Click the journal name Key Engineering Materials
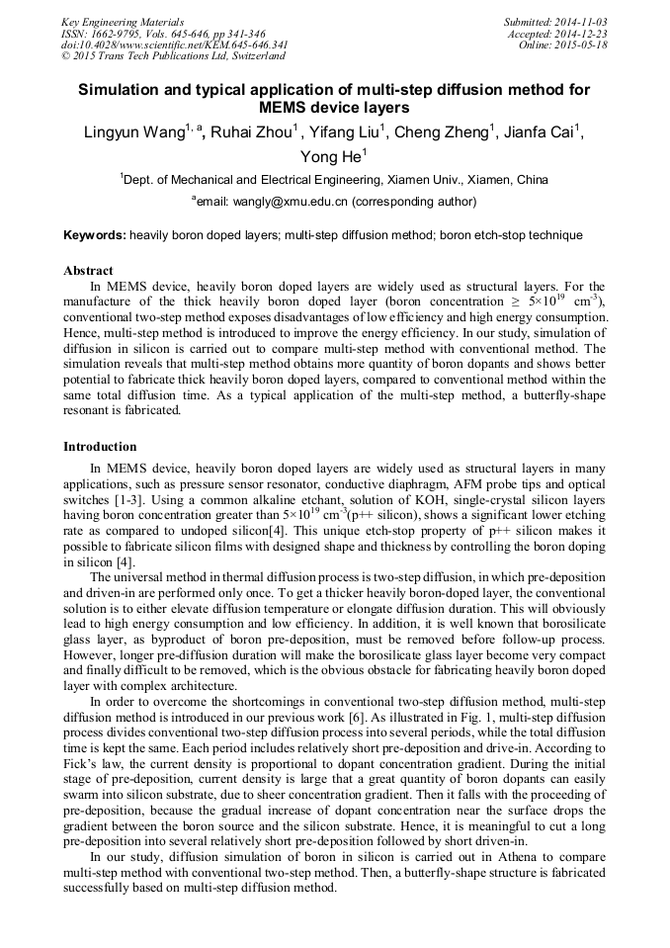coord(122,22)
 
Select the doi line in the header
coord(175,45)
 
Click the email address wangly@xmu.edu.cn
coord(290,202)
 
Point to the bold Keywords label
coord(95,235)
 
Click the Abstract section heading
coord(88,270)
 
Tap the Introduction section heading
coord(100,447)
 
